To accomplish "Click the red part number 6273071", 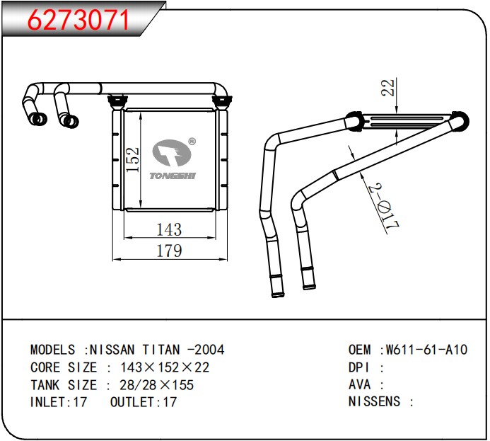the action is [78, 20].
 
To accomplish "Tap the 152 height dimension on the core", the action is [132, 159].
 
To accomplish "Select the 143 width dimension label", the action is [169, 229].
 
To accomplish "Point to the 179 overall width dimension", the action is [169, 251].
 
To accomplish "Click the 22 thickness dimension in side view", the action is [387, 88].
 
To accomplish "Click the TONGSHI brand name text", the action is [173, 176].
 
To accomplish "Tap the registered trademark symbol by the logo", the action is [192, 142].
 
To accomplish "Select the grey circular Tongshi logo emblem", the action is [172, 153].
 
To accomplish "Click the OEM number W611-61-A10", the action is [427, 350].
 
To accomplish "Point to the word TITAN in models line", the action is [161, 350].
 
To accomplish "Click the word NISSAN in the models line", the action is [112, 350].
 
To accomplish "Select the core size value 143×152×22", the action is [165, 367].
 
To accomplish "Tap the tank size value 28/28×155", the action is [156, 385].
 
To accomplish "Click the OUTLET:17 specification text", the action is [144, 402].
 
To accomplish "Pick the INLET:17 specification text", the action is [59, 402].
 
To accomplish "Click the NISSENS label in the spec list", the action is [374, 401].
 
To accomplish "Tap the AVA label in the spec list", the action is [359, 384].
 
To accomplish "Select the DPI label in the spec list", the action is [359, 367].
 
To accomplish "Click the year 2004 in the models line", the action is [209, 350].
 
